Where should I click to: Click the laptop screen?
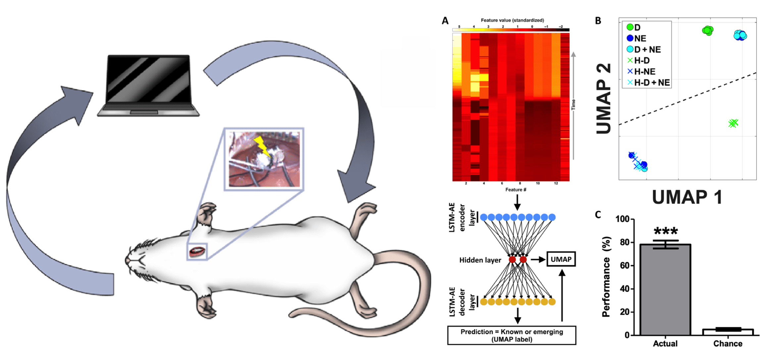(148, 79)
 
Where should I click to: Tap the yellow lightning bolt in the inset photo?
(262, 146)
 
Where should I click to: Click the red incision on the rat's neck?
(197, 252)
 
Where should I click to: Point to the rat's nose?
(127, 261)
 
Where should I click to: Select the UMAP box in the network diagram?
(561, 259)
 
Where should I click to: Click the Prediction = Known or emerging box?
(511, 335)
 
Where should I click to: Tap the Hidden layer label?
(480, 260)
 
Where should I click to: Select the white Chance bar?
(728, 332)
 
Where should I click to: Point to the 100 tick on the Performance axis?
(622, 219)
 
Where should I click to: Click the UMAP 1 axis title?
(687, 197)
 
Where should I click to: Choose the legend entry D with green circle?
(634, 27)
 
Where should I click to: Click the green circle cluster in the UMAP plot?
(707, 30)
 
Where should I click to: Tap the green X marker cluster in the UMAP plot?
(733, 123)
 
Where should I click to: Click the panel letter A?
(445, 21)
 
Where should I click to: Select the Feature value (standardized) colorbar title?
(512, 20)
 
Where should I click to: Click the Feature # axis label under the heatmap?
(516, 190)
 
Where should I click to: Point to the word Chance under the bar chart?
(728, 344)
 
